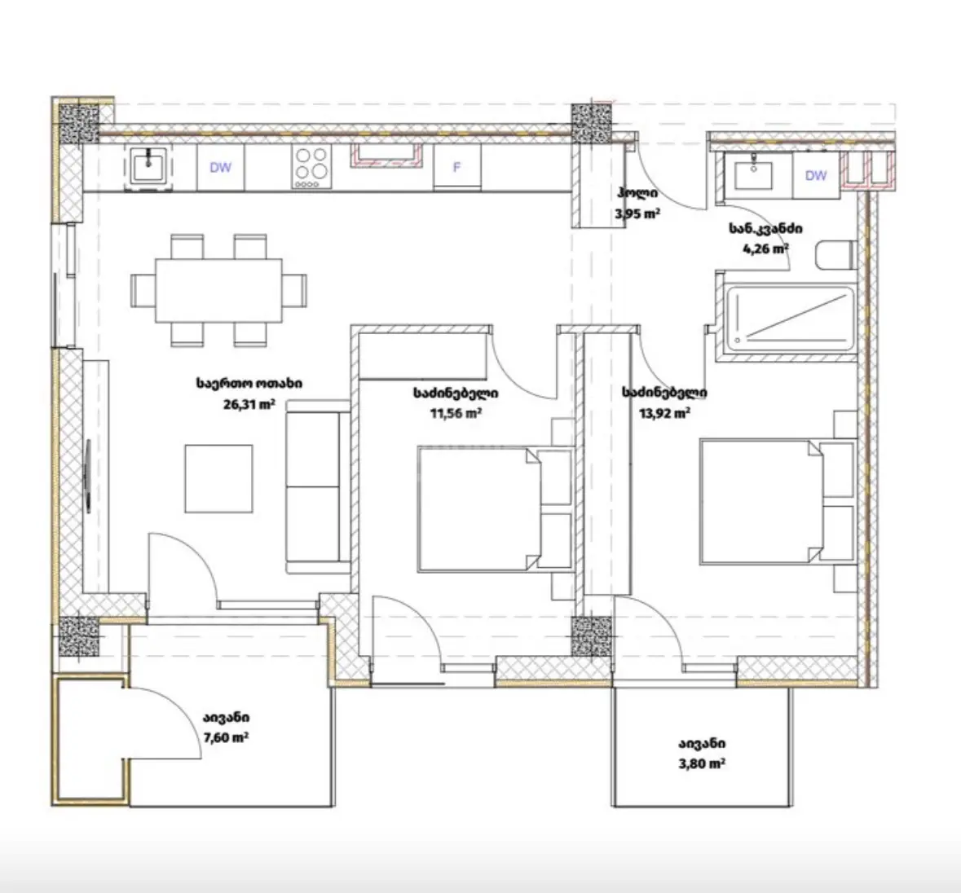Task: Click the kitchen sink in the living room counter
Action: pyautogui.click(x=148, y=166)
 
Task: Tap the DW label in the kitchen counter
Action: pyautogui.click(x=221, y=167)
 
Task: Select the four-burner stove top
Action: pyautogui.click(x=311, y=166)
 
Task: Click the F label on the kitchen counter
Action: pyautogui.click(x=456, y=166)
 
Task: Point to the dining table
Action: pyautogui.click(x=218, y=290)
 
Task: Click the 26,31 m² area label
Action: pyautogui.click(x=249, y=404)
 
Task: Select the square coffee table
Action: pyautogui.click(x=218, y=478)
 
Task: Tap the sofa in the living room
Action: pyautogui.click(x=318, y=487)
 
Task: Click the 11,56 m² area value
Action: pyautogui.click(x=456, y=413)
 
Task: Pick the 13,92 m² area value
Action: pyautogui.click(x=665, y=413)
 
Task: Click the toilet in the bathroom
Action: pyautogui.click(x=836, y=254)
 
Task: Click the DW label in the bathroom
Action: pyautogui.click(x=816, y=176)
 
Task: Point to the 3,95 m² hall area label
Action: pyautogui.click(x=637, y=213)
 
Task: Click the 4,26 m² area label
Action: pyautogui.click(x=765, y=249)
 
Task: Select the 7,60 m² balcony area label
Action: pyautogui.click(x=226, y=737)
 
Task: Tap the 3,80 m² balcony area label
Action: pyautogui.click(x=702, y=763)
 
